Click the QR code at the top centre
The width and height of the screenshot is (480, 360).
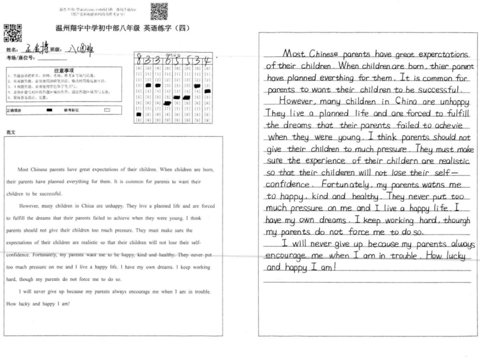[x=159, y=11]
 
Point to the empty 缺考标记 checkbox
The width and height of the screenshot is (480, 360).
[x=107, y=110]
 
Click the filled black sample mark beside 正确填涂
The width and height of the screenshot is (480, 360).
[x=49, y=110]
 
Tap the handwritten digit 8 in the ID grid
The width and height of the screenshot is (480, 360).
[x=140, y=61]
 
